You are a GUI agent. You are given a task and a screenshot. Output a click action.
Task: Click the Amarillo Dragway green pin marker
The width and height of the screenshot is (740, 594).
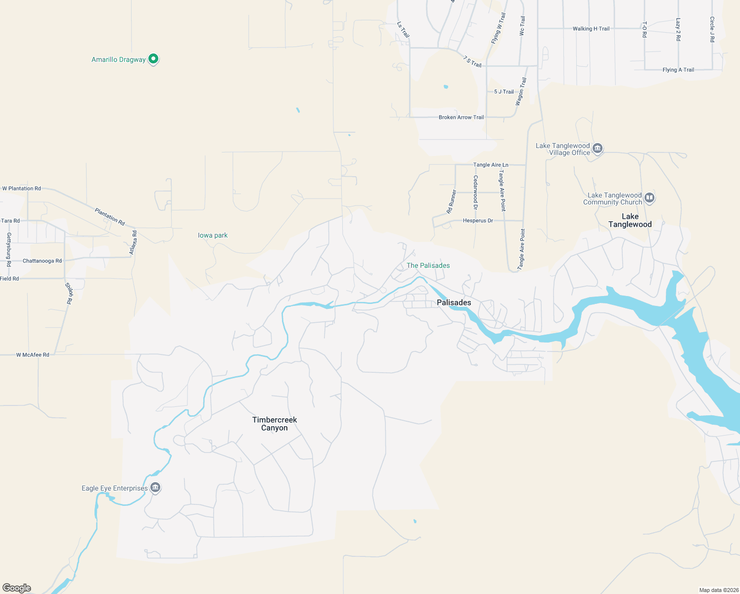point(153,59)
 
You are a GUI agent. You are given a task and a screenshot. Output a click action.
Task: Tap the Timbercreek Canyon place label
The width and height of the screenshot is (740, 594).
point(275,424)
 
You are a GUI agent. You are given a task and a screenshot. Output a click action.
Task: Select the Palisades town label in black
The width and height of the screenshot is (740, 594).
point(454,302)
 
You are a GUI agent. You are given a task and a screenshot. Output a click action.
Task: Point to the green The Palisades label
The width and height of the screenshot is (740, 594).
point(428,265)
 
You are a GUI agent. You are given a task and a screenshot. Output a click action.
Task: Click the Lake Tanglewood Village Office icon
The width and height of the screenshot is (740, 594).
point(598,148)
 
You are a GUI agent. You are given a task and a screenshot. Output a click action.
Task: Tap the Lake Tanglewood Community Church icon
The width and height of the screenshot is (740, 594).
point(649,198)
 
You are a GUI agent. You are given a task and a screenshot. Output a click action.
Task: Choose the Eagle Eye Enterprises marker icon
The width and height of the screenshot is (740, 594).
point(155,488)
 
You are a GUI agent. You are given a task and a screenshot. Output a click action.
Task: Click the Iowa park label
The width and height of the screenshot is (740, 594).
point(213,235)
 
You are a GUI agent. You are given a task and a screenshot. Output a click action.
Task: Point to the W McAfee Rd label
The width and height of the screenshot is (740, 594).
point(33,355)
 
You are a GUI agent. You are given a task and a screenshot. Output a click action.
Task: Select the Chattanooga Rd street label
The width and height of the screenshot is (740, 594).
point(42,261)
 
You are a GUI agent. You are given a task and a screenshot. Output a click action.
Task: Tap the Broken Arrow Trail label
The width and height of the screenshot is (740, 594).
point(461,117)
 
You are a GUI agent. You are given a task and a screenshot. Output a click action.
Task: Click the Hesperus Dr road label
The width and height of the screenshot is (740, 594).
point(478,220)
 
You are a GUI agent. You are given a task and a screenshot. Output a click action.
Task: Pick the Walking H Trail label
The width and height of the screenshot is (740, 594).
point(591,29)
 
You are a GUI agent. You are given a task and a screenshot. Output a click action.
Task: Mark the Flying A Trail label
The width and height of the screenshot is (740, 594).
point(678,70)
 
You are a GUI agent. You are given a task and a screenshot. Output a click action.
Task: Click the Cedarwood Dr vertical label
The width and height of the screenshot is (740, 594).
point(475,192)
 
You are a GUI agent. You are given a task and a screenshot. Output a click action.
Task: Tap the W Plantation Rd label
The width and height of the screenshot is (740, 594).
point(21,189)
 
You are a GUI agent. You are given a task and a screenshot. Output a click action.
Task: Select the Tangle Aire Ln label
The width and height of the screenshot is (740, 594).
point(490,165)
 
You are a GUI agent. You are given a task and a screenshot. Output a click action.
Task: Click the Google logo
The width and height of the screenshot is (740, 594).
point(17,588)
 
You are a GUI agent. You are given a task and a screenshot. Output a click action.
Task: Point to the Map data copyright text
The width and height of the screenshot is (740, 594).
point(717,590)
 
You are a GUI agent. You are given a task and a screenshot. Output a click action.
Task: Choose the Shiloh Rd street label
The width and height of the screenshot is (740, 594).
point(69,293)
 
